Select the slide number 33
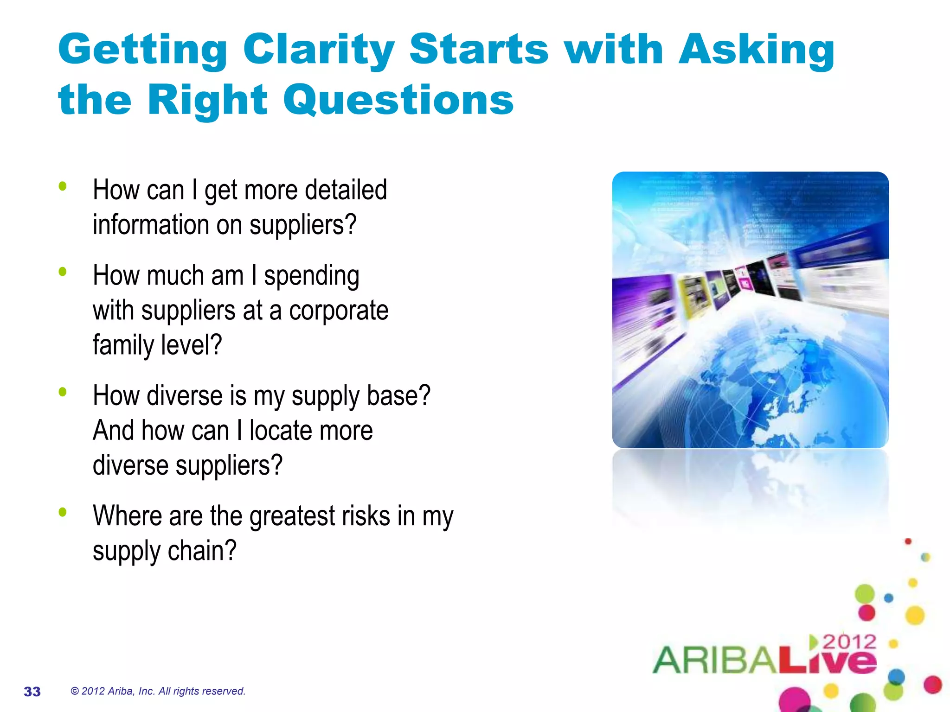32,691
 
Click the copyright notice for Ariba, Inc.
157,691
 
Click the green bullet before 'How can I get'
63,186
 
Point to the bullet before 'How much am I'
63,272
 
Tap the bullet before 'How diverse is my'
63,392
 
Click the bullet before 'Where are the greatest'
63,512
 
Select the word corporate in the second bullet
339,310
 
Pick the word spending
311,276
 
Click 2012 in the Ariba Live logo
849,642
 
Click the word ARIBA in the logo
714,660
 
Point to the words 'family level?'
157,345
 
